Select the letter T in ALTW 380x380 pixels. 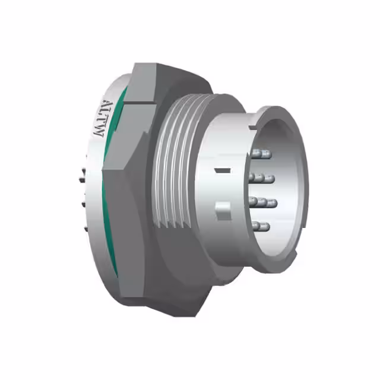[x=99, y=121]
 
